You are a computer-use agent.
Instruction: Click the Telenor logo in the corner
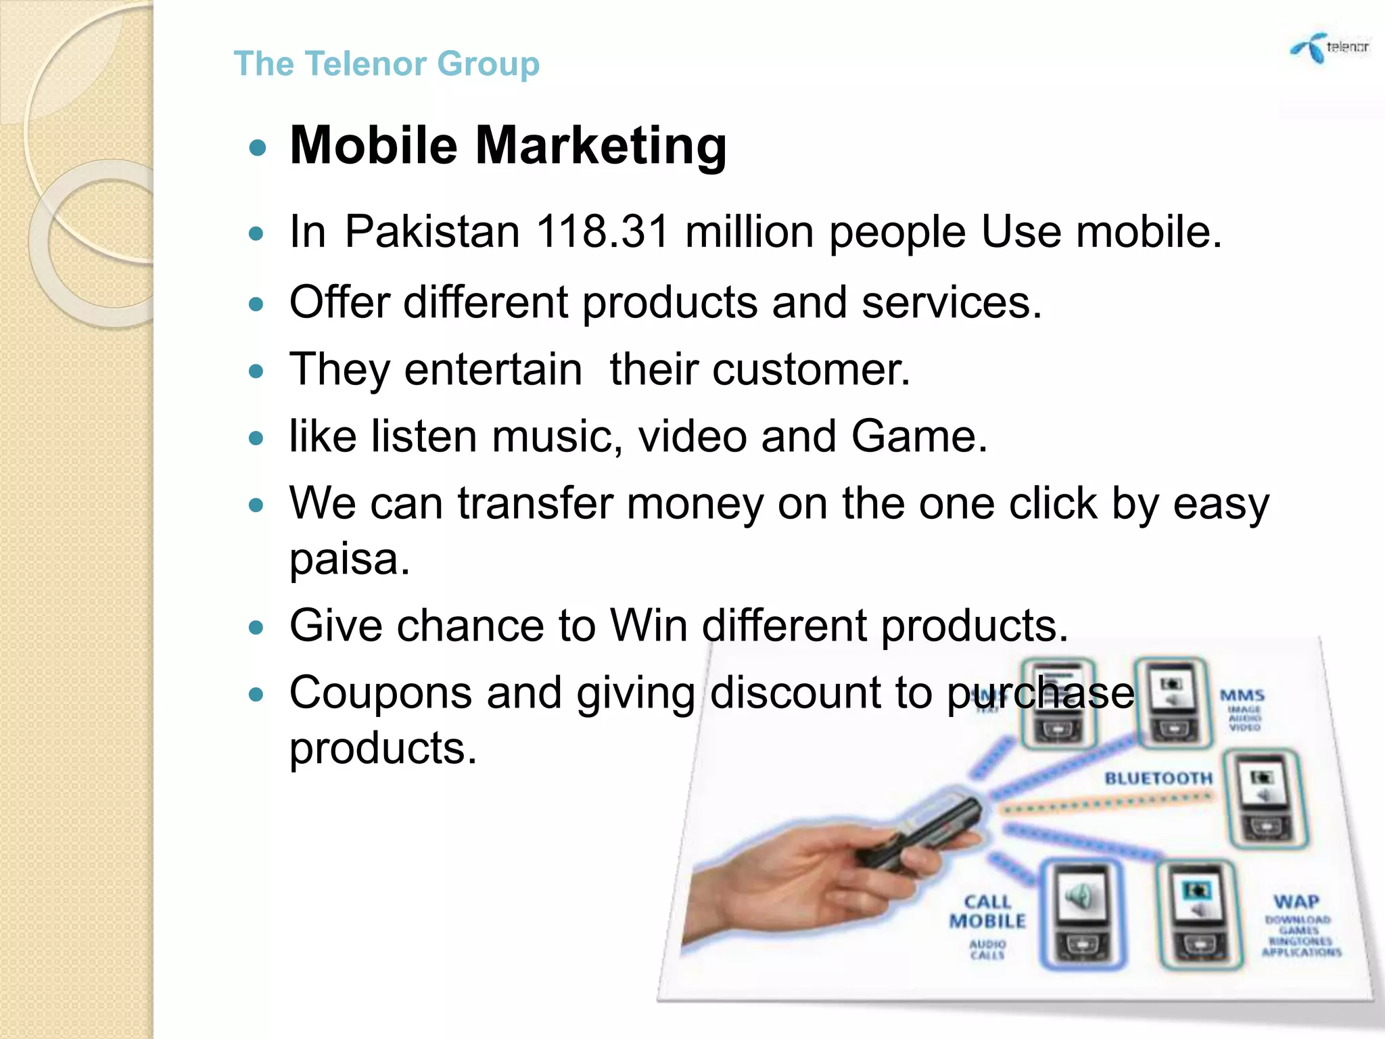(1330, 48)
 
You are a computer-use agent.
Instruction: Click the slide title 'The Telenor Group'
(386, 64)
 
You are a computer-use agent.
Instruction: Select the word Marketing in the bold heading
(601, 146)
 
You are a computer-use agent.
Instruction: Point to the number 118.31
(603, 232)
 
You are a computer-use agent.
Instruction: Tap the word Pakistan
(432, 232)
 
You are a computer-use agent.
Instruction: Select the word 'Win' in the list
(649, 625)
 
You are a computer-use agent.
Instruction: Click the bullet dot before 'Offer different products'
(256, 304)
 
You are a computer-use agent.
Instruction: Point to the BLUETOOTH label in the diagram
(1158, 779)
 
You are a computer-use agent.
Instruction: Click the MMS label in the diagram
(1242, 695)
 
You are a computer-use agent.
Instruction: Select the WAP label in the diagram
(1296, 902)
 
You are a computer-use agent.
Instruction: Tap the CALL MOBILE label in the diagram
(988, 911)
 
